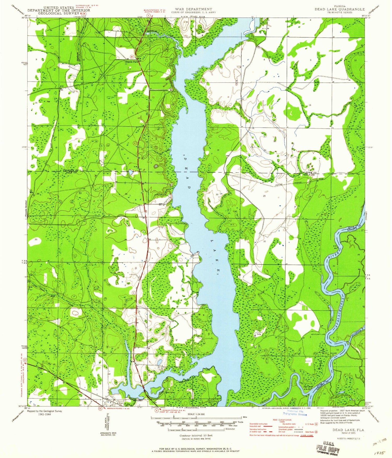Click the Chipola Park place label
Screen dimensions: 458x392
[x=131, y=62]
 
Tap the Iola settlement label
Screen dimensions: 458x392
[x=259, y=334]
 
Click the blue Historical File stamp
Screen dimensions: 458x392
[x=295, y=413]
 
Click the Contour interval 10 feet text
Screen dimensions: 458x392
[x=196, y=436]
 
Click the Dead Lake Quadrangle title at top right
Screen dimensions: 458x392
[x=339, y=9]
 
